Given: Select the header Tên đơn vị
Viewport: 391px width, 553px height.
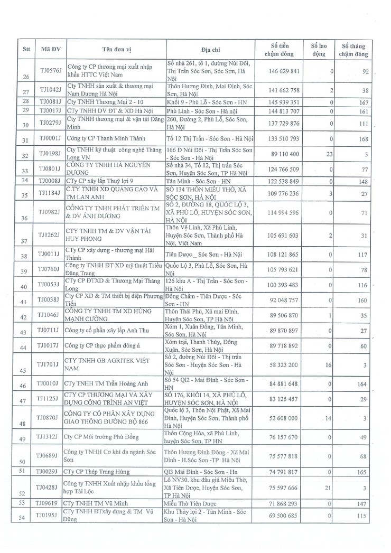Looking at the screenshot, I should click(113, 50).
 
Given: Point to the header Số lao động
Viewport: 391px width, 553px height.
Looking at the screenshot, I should click(319, 50).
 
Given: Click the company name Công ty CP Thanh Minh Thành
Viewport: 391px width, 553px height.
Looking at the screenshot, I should click(103, 139).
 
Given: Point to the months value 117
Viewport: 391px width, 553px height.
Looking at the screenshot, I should click(361, 254).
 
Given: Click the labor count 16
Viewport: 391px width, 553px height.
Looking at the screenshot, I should click(329, 364).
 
